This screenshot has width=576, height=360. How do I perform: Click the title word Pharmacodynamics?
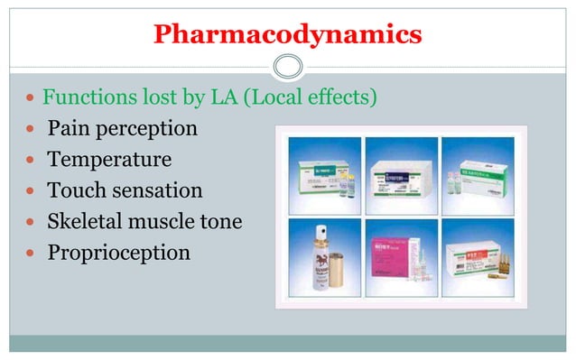287,35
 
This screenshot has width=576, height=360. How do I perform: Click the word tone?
220,221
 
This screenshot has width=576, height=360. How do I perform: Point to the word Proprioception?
118,253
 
